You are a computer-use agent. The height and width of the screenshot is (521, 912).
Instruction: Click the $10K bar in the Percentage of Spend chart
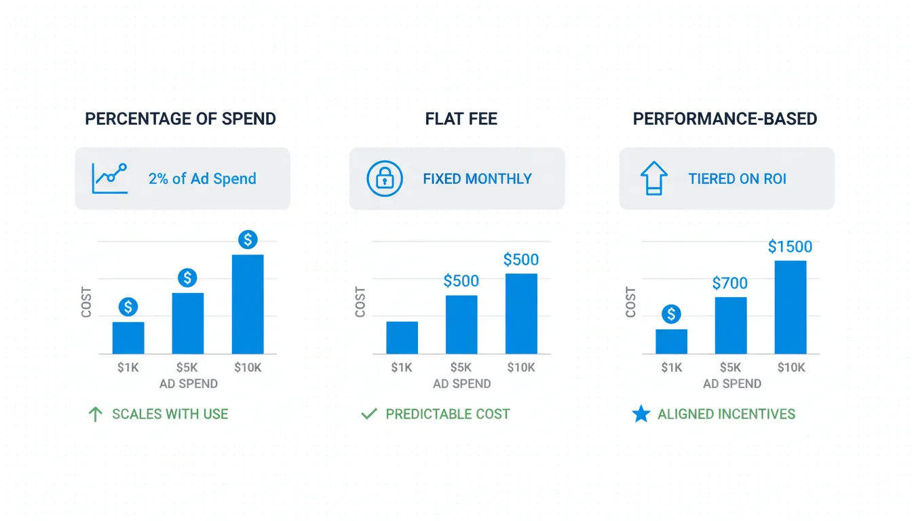click(x=248, y=304)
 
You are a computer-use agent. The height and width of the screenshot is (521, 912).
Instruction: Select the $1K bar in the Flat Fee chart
click(x=402, y=337)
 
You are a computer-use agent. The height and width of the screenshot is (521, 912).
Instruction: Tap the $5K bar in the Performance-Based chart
click(x=731, y=326)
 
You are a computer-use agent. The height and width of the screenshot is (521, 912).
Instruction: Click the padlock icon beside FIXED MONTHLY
click(x=385, y=179)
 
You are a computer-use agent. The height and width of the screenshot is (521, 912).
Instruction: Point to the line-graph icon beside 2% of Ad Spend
click(x=110, y=178)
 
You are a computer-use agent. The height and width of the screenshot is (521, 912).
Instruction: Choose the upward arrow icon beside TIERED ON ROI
click(x=654, y=178)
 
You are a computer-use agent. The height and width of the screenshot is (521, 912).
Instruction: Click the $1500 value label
click(x=790, y=247)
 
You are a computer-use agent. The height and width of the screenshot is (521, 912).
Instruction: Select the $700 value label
click(x=730, y=284)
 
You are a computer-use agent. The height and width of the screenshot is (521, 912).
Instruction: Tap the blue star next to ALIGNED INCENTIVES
click(x=641, y=414)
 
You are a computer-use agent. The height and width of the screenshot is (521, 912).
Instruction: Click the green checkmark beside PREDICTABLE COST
click(x=369, y=414)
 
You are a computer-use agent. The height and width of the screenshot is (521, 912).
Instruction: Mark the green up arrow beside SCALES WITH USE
click(x=96, y=414)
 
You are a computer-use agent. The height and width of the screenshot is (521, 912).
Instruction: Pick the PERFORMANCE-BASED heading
click(x=725, y=119)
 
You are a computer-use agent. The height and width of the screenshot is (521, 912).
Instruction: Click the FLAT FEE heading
click(x=461, y=119)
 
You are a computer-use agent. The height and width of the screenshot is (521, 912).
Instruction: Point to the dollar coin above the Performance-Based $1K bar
click(x=671, y=314)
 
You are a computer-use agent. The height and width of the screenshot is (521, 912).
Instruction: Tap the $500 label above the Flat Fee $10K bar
click(x=521, y=260)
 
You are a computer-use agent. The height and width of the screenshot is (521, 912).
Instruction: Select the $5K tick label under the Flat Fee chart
click(x=461, y=368)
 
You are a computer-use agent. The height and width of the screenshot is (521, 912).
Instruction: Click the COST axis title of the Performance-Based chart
click(x=631, y=302)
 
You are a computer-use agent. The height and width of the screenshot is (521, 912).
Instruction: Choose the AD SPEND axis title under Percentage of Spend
click(x=189, y=384)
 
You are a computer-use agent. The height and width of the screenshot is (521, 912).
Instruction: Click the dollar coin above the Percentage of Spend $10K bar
click(x=248, y=239)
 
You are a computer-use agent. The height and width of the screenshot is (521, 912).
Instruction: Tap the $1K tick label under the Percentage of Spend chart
click(x=128, y=368)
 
